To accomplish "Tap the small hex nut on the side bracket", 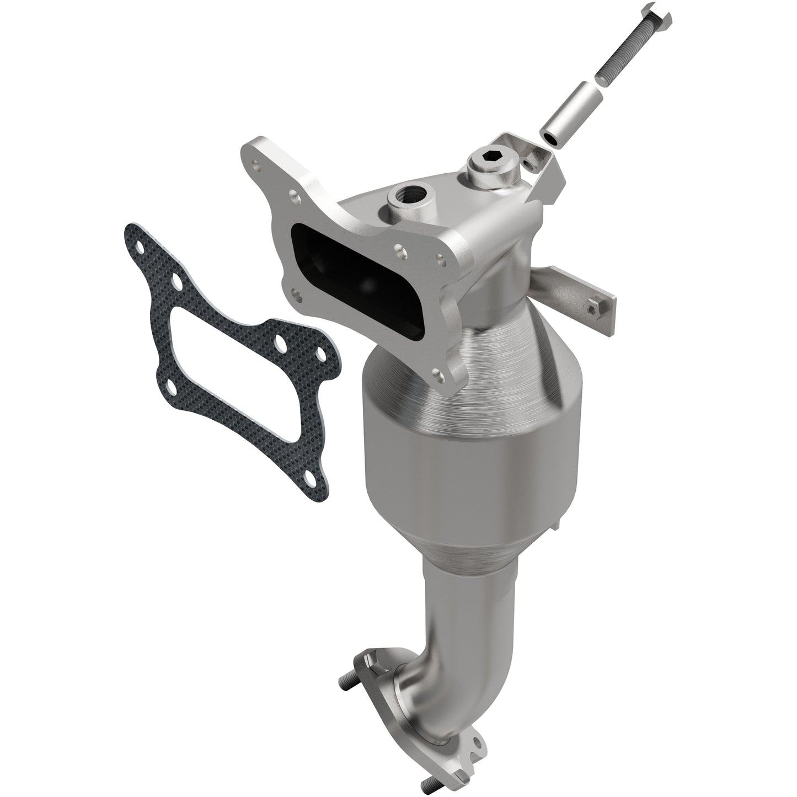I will click(x=593, y=306).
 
